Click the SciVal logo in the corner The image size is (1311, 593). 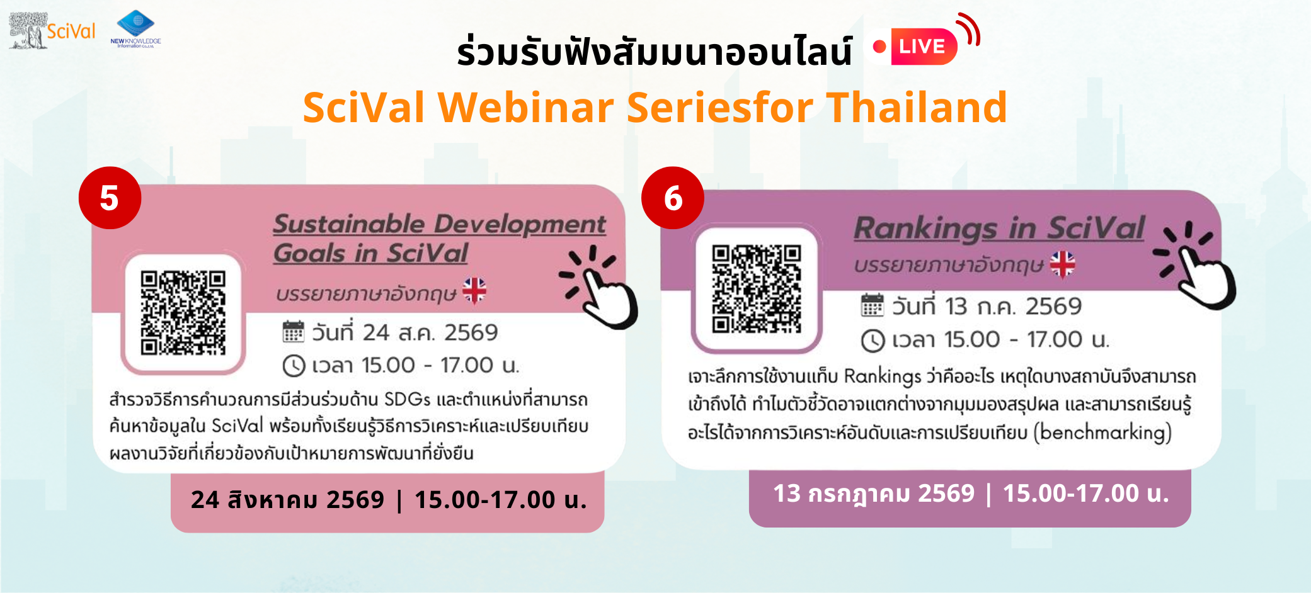click(52, 30)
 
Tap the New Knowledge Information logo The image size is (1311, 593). click(135, 29)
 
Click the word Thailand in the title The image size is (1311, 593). click(917, 107)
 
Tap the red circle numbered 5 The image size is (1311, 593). click(110, 198)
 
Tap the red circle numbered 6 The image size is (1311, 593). click(673, 198)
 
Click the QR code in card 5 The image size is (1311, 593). click(183, 313)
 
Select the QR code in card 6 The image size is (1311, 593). click(756, 289)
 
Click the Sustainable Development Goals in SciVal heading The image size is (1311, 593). click(439, 239)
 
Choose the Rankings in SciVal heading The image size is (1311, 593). click(999, 228)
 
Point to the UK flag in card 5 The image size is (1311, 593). click(474, 290)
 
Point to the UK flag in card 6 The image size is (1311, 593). click(1063, 264)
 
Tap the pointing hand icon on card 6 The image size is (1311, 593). click(1195, 265)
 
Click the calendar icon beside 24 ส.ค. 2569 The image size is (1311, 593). click(293, 331)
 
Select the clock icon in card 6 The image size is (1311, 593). click(873, 341)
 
